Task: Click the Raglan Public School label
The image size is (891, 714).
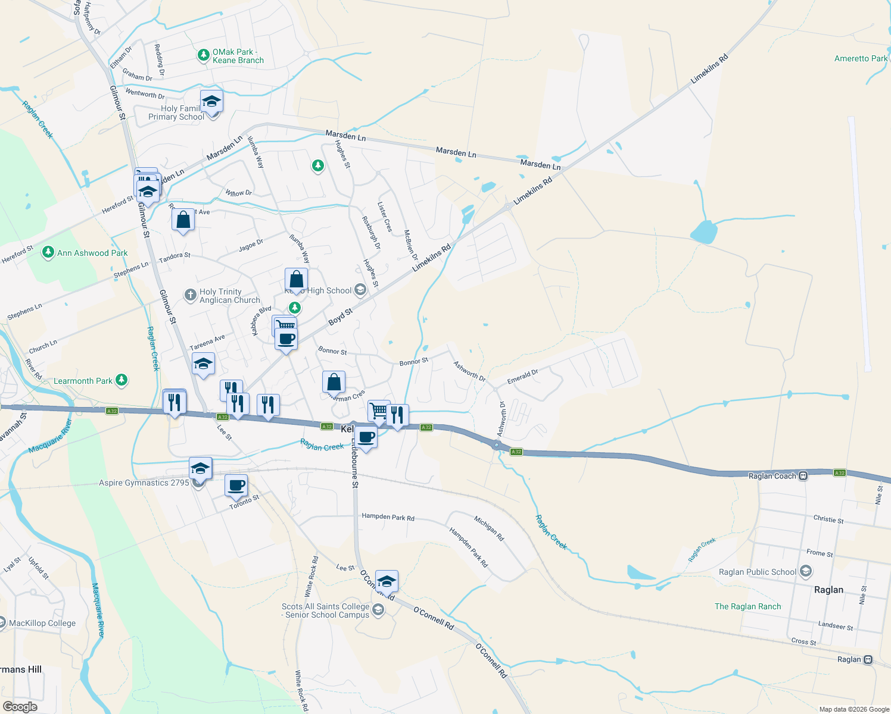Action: (x=757, y=572)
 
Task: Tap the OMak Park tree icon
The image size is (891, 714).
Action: (x=204, y=55)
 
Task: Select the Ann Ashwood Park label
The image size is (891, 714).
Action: (x=92, y=253)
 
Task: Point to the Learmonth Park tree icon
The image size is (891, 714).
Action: (x=121, y=380)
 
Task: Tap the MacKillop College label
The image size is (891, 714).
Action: (x=42, y=624)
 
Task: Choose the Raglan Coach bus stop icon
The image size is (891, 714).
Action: (x=803, y=476)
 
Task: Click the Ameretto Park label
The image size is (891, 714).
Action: (x=861, y=58)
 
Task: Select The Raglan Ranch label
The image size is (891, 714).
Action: (x=747, y=607)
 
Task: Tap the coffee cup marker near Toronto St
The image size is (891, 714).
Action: (x=236, y=486)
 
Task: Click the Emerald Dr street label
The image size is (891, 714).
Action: (x=522, y=377)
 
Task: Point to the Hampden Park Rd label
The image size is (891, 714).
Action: (x=388, y=517)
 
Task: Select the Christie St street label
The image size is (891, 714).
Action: (x=828, y=519)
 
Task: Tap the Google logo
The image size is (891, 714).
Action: (x=20, y=707)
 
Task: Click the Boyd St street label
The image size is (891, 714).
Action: (x=340, y=317)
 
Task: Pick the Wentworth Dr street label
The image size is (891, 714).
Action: (x=145, y=94)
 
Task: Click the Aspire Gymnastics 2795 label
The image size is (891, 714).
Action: (x=144, y=483)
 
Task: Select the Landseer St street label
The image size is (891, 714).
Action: (x=835, y=626)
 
